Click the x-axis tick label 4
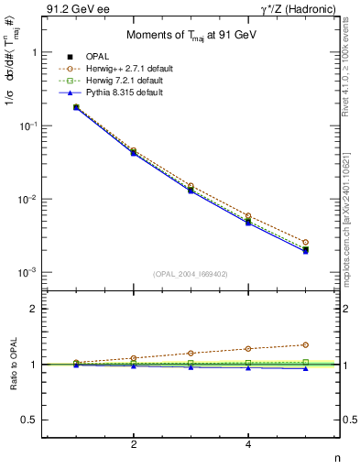[248, 444]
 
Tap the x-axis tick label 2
[134, 444]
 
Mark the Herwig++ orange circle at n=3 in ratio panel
[191, 353]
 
